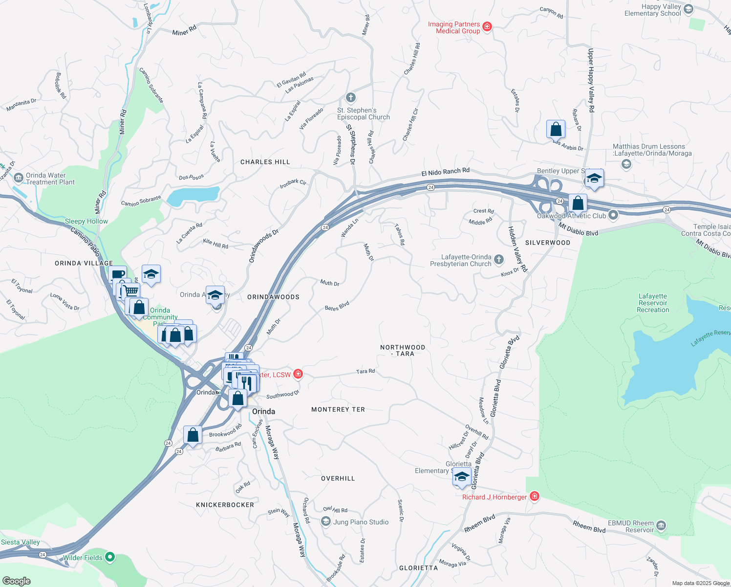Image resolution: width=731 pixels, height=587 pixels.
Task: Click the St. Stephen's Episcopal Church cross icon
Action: [350, 97]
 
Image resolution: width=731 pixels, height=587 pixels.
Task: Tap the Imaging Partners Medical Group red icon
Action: [487, 27]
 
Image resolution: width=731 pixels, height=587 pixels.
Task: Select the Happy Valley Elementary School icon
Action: [688, 9]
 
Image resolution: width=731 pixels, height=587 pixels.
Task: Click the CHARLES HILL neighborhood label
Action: [265, 162]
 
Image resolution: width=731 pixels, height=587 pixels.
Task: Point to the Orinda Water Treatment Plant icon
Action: [19, 178]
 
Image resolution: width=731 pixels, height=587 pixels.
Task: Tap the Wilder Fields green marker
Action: [110, 557]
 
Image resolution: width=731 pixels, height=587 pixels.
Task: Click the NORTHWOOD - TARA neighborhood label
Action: [403, 350]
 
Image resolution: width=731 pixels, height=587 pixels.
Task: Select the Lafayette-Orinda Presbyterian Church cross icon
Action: [498, 259]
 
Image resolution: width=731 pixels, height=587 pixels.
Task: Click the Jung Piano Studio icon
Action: [326, 522]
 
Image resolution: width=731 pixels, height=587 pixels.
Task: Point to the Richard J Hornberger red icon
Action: [535, 497]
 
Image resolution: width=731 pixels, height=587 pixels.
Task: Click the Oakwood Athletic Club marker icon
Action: [613, 215]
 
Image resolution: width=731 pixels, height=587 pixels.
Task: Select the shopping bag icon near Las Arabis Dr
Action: [556, 130]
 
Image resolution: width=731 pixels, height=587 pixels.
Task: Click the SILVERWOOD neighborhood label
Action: [548, 243]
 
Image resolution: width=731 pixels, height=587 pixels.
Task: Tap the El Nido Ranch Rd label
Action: [445, 172]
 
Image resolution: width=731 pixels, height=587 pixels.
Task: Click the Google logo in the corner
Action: [16, 581]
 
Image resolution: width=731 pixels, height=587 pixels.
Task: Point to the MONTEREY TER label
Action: [338, 409]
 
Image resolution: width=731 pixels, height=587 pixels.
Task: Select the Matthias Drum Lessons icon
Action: [626, 164]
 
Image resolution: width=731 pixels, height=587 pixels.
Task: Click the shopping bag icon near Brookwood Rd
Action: [193, 435]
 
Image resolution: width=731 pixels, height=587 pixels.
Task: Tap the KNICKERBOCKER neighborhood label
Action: [225, 505]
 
